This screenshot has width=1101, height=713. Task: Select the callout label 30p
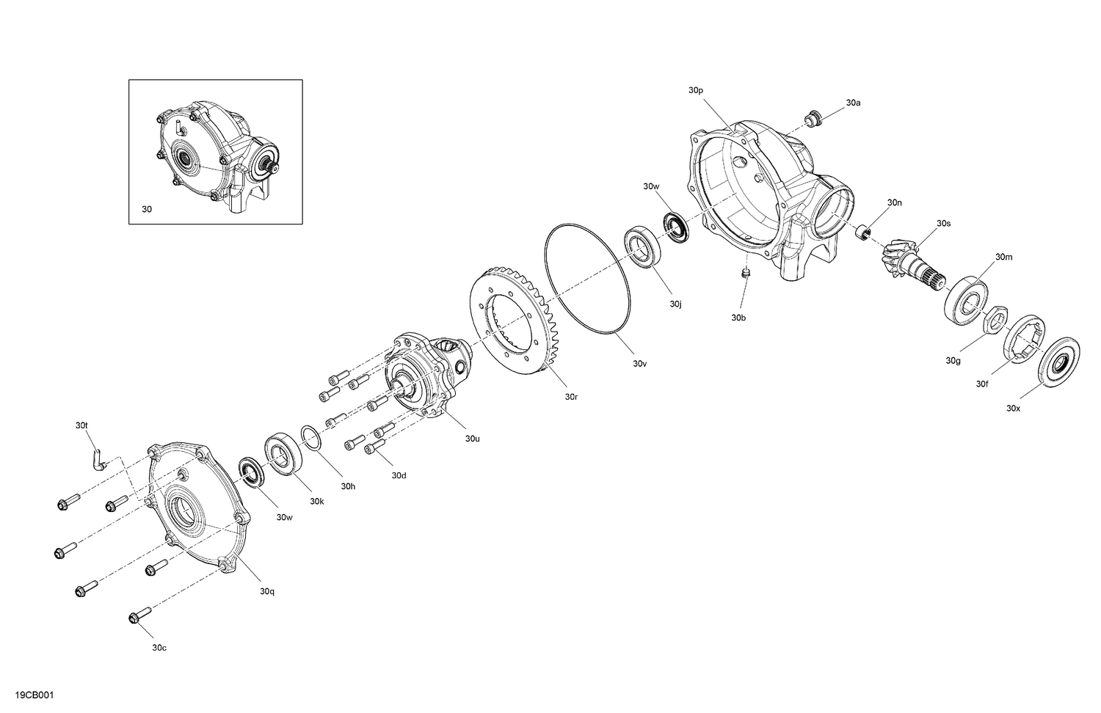click(696, 90)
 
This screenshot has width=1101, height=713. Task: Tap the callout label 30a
click(853, 103)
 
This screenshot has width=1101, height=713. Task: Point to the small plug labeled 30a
click(813, 117)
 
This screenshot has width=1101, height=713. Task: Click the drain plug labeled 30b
click(746, 274)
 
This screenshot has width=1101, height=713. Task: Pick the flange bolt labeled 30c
click(139, 617)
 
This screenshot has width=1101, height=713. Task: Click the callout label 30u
click(472, 439)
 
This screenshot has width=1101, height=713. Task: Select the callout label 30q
click(266, 590)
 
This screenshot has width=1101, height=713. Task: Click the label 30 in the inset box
click(147, 209)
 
